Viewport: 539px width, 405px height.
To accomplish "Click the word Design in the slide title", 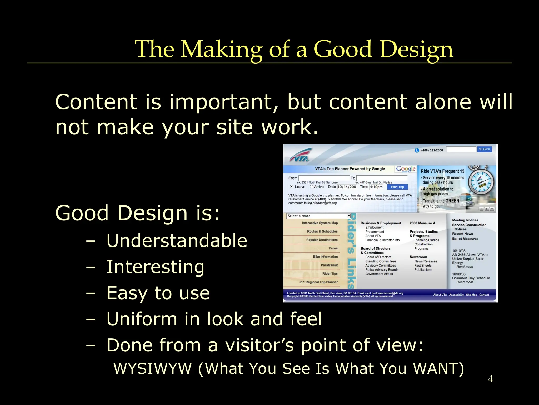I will pyautogui.click(x=416, y=50).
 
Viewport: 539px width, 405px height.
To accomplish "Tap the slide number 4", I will pyautogui.click(x=490, y=379).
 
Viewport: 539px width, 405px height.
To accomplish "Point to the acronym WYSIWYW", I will pyautogui.click(x=152, y=368).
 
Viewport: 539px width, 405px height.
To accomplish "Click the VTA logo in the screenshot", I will pyautogui.click(x=300, y=156).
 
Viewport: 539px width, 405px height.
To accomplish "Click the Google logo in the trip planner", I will pyautogui.click(x=406, y=169).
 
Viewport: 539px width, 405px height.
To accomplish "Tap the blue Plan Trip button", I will pyautogui.click(x=397, y=187).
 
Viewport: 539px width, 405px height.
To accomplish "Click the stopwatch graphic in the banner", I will pyautogui.click(x=482, y=182).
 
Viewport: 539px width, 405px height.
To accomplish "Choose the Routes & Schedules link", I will pyautogui.click(x=322, y=232).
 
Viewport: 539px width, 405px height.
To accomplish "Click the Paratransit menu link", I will pyautogui.click(x=329, y=265).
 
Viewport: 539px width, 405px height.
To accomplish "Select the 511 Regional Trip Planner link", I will pyautogui.click(x=318, y=282).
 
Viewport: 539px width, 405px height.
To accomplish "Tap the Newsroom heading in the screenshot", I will pyautogui.click(x=418, y=257).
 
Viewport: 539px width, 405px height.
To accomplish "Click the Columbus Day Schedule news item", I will pyautogui.click(x=471, y=278).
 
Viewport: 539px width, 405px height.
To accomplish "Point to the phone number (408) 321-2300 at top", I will pyautogui.click(x=432, y=150).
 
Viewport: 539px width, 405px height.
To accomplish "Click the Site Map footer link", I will pyautogui.click(x=471, y=295).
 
